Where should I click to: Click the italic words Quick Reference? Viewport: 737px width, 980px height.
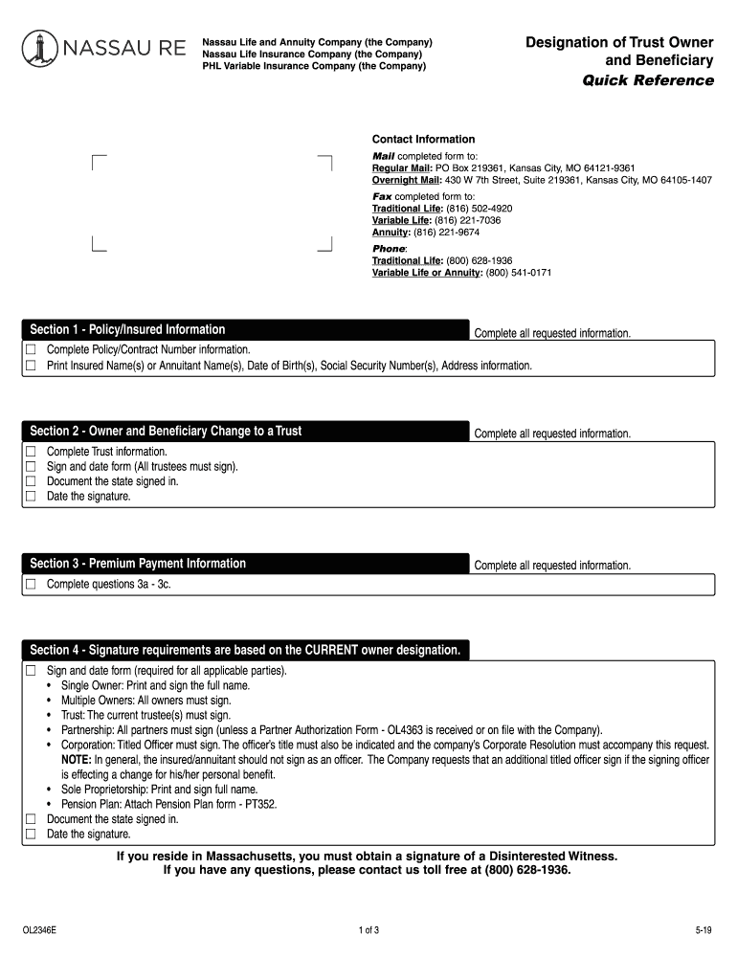(x=648, y=80)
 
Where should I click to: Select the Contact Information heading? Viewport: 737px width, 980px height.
(x=423, y=140)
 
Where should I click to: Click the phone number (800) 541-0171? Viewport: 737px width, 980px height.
(x=518, y=273)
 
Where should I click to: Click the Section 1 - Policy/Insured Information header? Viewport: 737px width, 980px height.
(x=128, y=330)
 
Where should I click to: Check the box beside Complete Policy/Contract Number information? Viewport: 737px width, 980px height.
(x=31, y=350)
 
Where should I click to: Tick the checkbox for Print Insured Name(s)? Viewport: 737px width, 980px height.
(x=31, y=366)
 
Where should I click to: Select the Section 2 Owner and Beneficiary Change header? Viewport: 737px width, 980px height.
(x=166, y=432)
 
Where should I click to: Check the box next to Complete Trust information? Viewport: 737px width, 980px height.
(x=31, y=452)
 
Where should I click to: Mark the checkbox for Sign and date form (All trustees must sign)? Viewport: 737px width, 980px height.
(x=31, y=467)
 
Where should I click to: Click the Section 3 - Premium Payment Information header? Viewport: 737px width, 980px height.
(x=138, y=564)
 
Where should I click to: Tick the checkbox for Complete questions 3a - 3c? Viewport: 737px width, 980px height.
(x=31, y=584)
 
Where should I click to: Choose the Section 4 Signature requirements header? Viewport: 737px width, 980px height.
(x=245, y=651)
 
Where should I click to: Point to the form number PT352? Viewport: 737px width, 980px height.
(x=260, y=805)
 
